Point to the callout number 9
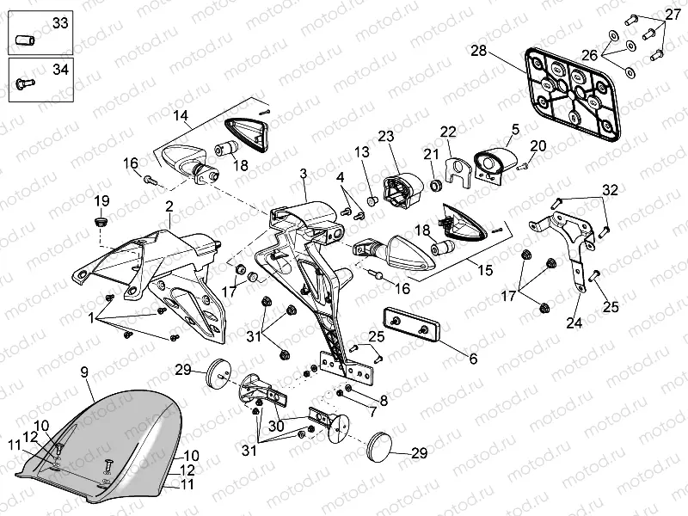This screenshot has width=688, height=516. (84, 372)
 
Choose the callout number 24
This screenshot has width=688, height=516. (573, 324)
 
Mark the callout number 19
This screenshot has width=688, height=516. (101, 201)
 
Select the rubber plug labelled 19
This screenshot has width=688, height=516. (101, 222)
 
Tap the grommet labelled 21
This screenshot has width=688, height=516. (435, 185)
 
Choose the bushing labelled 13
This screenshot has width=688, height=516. (372, 200)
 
